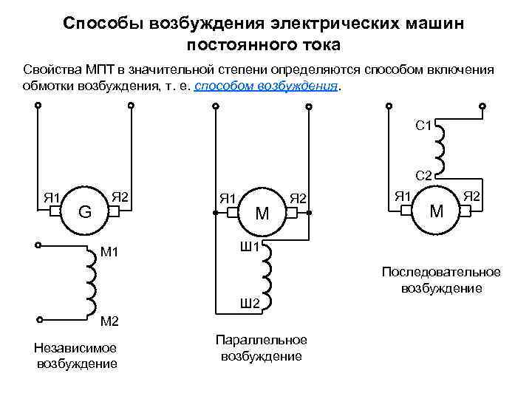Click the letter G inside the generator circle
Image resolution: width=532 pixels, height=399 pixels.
(85, 212)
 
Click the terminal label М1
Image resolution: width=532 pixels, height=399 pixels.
(109, 253)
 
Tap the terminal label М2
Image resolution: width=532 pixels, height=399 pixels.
(109, 321)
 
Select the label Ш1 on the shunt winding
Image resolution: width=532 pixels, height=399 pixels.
(250, 246)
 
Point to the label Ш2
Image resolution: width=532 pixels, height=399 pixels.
(250, 304)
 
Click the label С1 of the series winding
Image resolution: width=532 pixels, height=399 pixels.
(424, 126)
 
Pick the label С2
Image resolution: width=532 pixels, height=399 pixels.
(424, 176)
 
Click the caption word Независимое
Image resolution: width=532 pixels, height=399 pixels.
(76, 348)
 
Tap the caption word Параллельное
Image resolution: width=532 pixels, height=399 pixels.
(261, 340)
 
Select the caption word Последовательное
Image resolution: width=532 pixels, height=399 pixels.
(441, 272)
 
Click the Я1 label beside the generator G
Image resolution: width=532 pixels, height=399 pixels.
(51, 197)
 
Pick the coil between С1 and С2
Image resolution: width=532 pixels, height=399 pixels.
(440, 147)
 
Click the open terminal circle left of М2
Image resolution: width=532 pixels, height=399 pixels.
(38, 320)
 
